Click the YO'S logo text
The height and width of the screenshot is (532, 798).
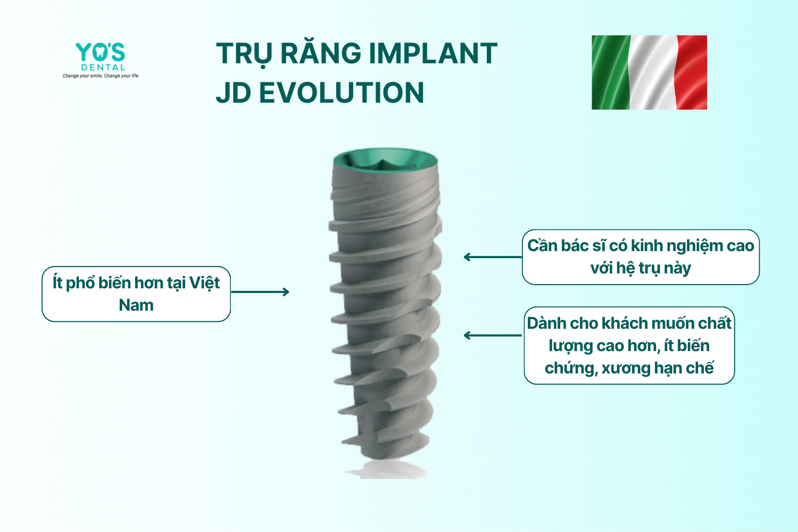pos(100,52)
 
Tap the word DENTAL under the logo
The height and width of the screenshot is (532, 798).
pos(103,68)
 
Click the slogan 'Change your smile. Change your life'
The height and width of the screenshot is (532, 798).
pos(101,76)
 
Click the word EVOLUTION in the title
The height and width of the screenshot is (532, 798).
pos(342,93)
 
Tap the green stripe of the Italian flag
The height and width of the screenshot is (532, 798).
pos(611,72)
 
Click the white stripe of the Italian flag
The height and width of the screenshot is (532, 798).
pos(653,72)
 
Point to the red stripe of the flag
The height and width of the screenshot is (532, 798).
pos(692,72)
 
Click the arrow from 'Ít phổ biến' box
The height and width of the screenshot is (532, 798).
pos(260,292)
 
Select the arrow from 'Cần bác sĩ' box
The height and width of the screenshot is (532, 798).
pos(493,257)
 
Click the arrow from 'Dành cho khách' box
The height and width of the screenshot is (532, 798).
pos(493,335)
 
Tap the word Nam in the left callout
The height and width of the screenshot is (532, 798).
pos(136,305)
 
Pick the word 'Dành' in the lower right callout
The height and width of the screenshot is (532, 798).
pos(545,323)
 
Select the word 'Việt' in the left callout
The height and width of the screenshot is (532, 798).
pos(204,283)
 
